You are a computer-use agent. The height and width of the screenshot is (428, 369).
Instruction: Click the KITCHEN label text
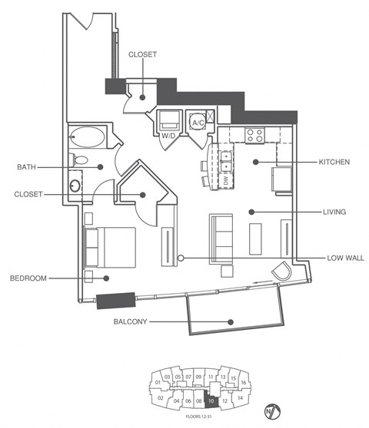pos(334,163)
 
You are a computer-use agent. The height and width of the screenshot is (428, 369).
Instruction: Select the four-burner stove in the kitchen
pos(254,135)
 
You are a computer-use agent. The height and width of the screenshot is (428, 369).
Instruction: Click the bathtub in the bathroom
pos(88,139)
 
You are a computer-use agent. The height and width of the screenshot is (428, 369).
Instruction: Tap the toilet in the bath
pos(79,161)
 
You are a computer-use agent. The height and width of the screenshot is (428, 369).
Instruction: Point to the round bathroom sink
pos(76,186)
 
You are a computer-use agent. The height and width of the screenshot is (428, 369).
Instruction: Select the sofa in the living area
pos(222,238)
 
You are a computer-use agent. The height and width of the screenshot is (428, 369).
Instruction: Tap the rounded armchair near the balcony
pos(282,272)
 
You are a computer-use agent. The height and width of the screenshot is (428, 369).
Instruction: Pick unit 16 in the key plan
pos(243,382)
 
